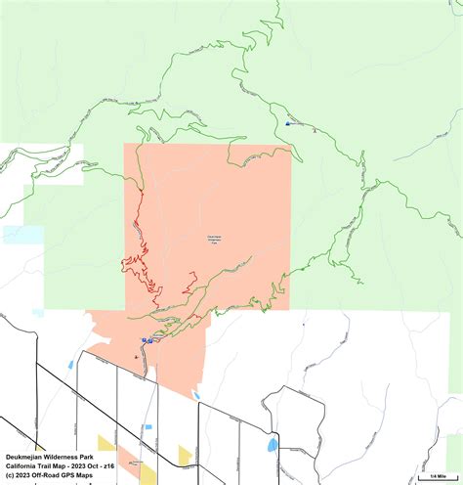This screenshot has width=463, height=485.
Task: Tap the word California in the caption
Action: coord(23,466)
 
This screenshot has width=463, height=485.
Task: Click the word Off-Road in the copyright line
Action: coord(49,476)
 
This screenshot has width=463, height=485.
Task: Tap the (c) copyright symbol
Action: coord(9,476)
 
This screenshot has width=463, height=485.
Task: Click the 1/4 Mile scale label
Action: coord(436,472)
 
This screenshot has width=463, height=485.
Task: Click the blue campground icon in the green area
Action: coord(288,124)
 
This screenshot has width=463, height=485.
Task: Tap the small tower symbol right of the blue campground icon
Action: coord(315,129)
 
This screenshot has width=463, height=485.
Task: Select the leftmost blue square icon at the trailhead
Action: coord(145,340)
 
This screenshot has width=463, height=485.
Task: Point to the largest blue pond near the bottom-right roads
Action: coord(273,444)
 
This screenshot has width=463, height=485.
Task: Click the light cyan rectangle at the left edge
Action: coord(22,235)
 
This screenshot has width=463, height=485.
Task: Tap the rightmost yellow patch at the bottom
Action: coord(185,453)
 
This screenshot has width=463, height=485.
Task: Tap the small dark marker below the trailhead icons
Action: coord(135,358)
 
